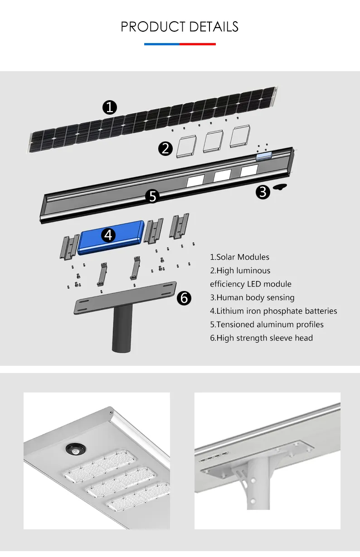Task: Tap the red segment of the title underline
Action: coord(198,44)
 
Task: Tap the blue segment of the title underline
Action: coord(162,44)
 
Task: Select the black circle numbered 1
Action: coord(110,107)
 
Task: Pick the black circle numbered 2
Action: coord(165,149)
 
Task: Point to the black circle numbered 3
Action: coord(263,192)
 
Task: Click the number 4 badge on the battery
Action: coord(108,235)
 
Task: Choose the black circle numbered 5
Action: coord(153,196)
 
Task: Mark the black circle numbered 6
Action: coord(184,298)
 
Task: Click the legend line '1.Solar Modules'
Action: coord(239,257)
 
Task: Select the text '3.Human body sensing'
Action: coord(252,298)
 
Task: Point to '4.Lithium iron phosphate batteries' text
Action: coord(273,311)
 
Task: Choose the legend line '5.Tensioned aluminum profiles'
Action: coord(267,325)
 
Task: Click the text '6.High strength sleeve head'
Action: coord(261,338)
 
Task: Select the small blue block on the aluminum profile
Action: coord(263,156)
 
